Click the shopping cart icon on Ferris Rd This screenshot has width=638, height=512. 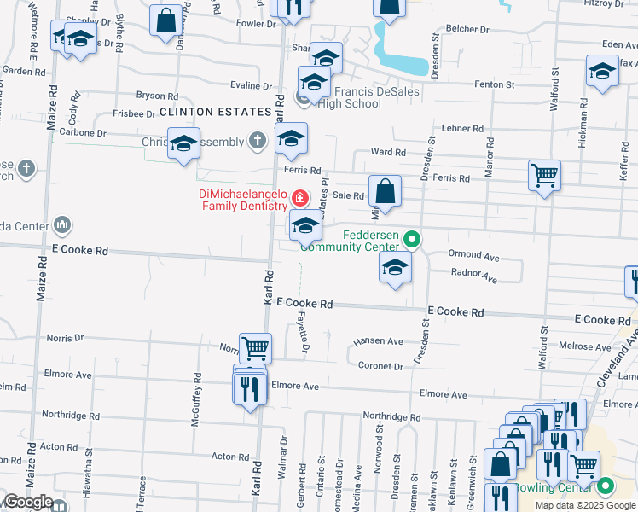pos(544,176)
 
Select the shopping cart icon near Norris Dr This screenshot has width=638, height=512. pos(255,347)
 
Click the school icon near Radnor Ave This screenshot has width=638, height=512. pos(395,268)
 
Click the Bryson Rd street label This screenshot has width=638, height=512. pos(157,96)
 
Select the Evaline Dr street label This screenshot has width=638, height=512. pos(251,85)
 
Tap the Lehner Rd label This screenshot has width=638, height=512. pos(464,128)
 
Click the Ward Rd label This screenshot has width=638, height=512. pos(388,152)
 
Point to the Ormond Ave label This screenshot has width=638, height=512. pos(473,255)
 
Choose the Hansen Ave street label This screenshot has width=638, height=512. pos(383,341)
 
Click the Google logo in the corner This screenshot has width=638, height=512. pos(27,503)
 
